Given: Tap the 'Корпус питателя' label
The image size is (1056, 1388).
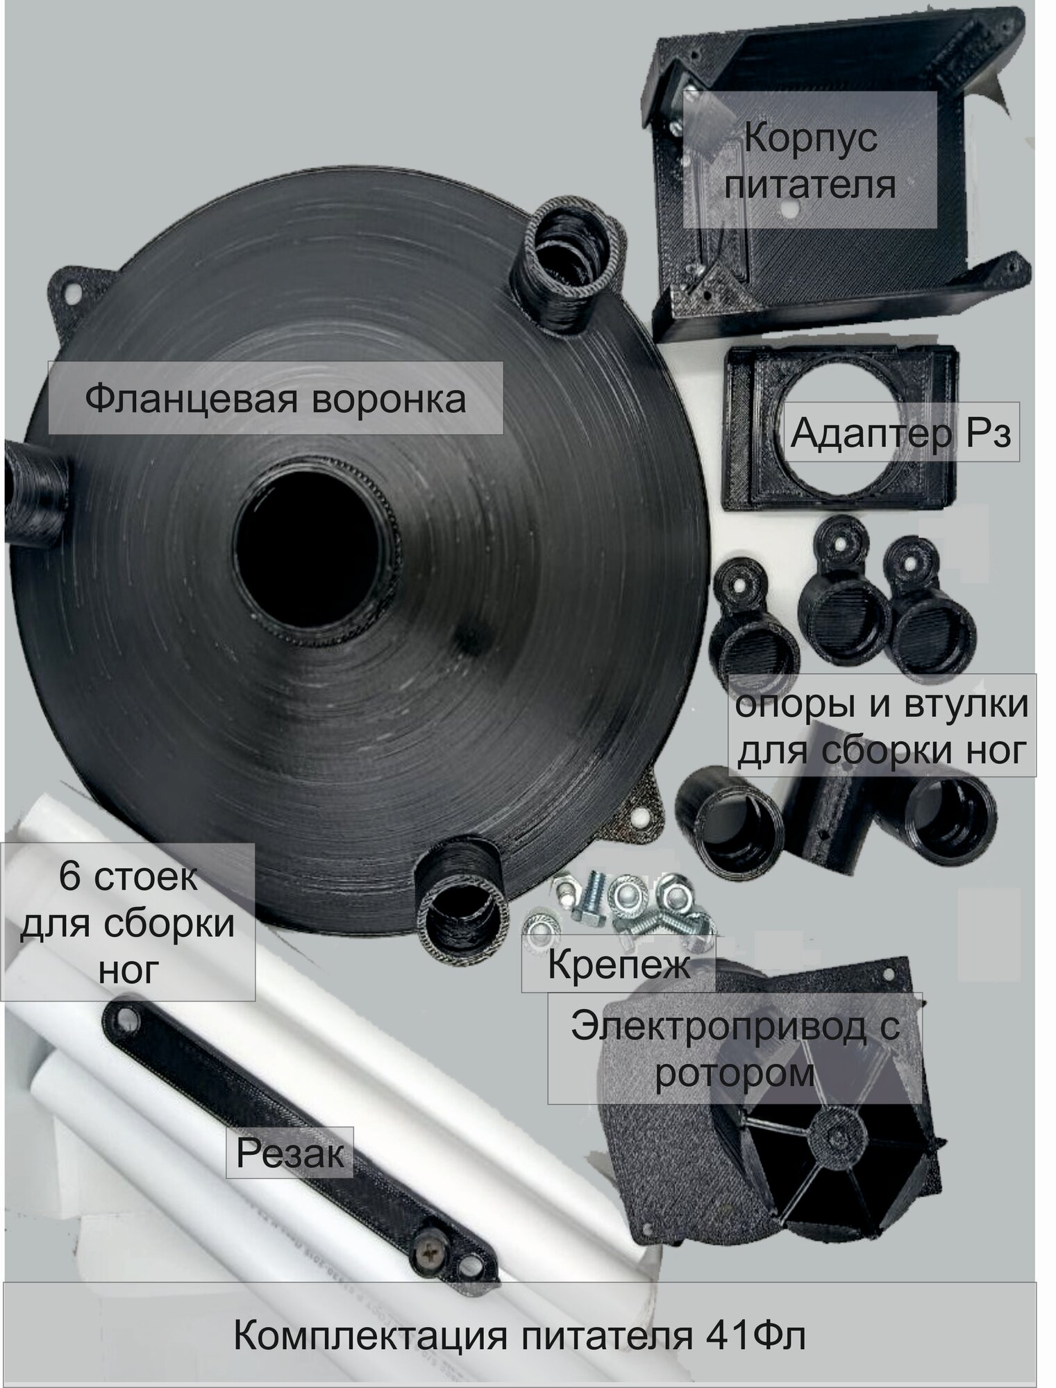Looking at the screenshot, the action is [810, 161].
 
